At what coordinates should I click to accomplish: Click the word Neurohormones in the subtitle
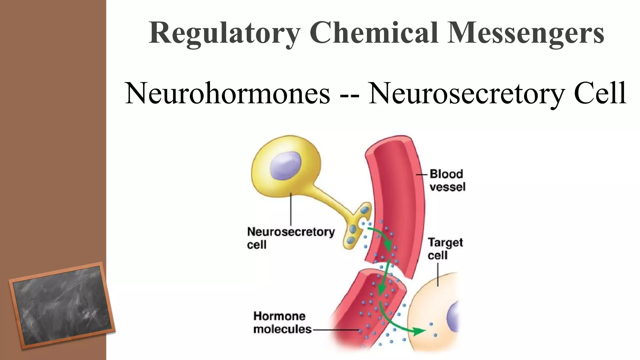coord(227,93)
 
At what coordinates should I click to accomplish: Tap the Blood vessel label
coord(447,180)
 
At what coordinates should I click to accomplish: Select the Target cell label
coord(445,249)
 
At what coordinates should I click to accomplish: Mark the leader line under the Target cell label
coord(438,274)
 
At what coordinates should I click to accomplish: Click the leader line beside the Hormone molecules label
coord(336,330)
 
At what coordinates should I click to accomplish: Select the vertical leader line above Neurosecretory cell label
coord(291,209)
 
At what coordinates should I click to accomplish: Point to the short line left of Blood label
coord(422,174)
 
